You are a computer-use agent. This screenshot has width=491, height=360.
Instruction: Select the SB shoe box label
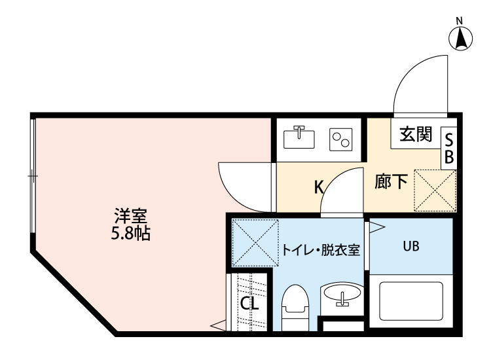click(449, 148)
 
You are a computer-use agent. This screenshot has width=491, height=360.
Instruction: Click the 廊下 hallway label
click(391, 181)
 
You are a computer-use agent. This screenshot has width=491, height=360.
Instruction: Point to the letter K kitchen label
click(319, 187)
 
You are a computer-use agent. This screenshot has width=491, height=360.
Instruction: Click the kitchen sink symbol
click(299, 137)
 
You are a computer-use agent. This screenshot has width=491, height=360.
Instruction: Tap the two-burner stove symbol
click(342, 138)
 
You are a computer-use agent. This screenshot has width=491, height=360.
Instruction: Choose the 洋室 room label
click(132, 216)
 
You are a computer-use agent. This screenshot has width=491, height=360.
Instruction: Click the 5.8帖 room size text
click(131, 233)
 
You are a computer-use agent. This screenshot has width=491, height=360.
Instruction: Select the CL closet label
click(249, 303)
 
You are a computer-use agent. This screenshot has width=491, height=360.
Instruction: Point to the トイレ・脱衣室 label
click(321, 250)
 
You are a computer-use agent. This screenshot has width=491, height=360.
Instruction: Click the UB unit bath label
click(410, 246)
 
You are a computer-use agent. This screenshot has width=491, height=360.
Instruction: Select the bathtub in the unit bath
click(411, 301)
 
